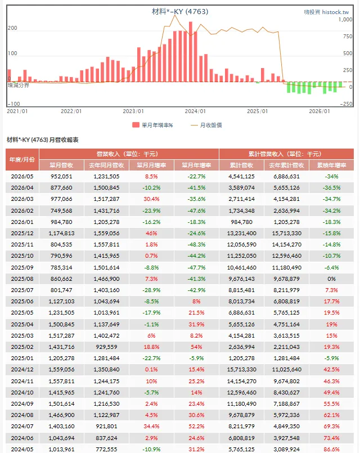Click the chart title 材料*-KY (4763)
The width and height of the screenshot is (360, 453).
click(180, 12)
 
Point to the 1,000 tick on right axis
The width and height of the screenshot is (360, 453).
click(345, 20)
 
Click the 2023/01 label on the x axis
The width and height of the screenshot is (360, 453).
click(133, 111)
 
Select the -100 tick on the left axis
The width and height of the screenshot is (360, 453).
click(13, 104)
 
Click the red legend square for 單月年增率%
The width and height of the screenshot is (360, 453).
click(136, 125)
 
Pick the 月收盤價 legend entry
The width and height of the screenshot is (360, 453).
click(206, 125)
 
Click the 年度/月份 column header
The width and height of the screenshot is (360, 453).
click(22, 159)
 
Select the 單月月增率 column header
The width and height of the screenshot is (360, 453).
click(151, 165)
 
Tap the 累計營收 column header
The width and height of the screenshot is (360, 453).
click(241, 165)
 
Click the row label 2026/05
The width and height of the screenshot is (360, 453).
click(22, 177)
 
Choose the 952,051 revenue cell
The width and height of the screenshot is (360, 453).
click(61, 177)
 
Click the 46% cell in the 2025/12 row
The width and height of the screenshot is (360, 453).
click(151, 233)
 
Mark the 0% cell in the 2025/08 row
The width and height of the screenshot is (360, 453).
click(331, 279)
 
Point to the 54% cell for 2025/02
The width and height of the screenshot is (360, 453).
click(196, 347)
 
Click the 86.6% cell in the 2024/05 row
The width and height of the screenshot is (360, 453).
click(331, 450)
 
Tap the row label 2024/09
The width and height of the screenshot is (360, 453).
click(22, 403)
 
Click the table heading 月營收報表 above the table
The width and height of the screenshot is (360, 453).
click(64, 140)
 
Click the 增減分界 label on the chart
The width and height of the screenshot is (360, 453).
click(19, 85)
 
